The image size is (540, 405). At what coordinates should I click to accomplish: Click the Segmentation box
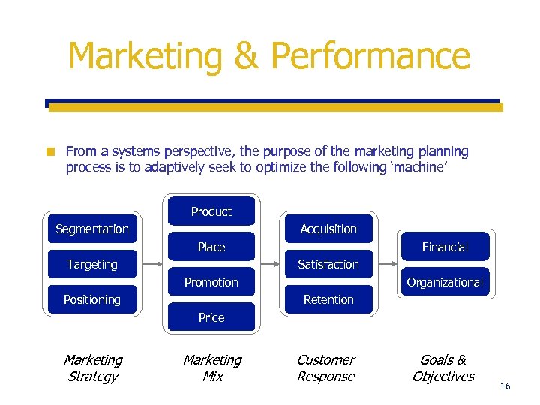tap(92, 229)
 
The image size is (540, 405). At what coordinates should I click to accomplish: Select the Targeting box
tap(92, 264)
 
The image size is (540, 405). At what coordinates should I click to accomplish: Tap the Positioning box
tap(92, 299)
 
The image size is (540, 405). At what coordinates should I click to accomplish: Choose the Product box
tap(211, 211)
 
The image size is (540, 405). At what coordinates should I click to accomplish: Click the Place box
tap(211, 247)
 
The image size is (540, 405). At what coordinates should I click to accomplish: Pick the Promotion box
tap(211, 282)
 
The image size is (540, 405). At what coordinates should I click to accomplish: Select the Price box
tap(211, 317)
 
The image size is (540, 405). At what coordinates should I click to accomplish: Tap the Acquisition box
tap(328, 229)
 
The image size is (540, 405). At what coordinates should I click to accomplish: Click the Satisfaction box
tap(328, 264)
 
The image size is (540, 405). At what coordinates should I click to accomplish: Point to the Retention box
tap(328, 299)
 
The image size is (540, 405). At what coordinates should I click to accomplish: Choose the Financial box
tap(445, 247)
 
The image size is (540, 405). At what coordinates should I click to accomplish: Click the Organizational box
tap(445, 282)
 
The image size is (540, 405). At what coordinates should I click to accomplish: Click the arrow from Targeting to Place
tap(152, 264)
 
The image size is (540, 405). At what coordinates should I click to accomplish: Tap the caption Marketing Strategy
tap(92, 367)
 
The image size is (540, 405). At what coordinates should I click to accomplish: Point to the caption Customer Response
tap(326, 367)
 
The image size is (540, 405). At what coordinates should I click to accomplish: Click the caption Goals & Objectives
tap(443, 367)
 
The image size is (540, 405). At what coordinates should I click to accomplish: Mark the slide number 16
tap(505, 385)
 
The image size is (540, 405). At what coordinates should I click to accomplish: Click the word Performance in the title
tap(370, 56)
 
